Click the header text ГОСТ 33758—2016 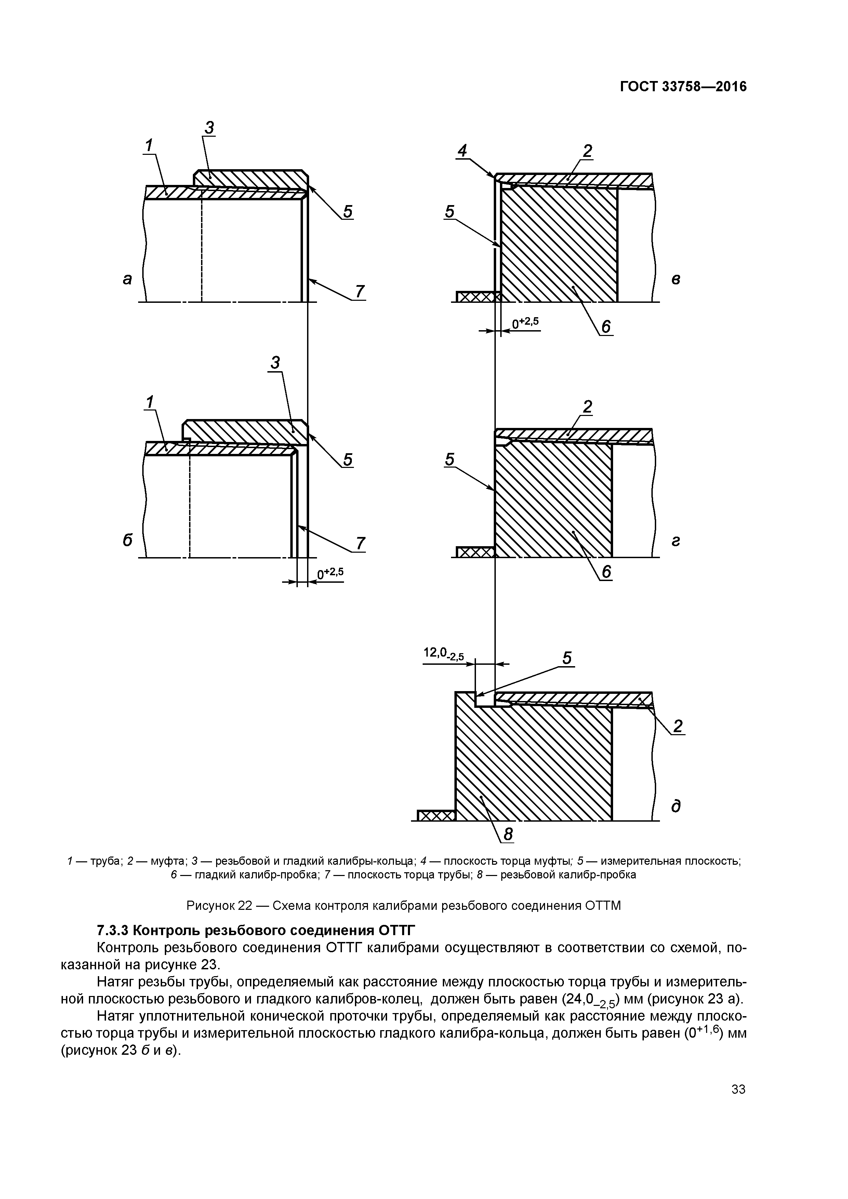[683, 87]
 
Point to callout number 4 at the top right [462, 151]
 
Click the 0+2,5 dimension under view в [525, 323]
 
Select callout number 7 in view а [359, 292]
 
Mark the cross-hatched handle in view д [437, 815]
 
